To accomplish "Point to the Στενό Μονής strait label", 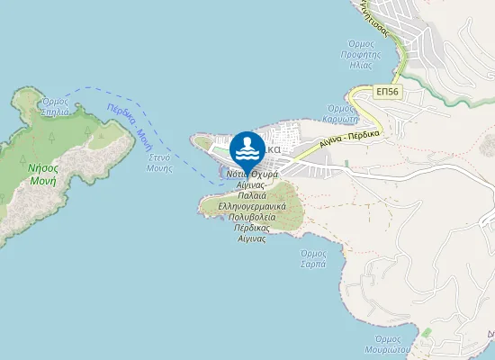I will pyautogui.click(x=160, y=162).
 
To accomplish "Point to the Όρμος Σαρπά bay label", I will pyautogui.click(x=312, y=259).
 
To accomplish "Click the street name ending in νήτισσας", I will pyautogui.click(x=375, y=19).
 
